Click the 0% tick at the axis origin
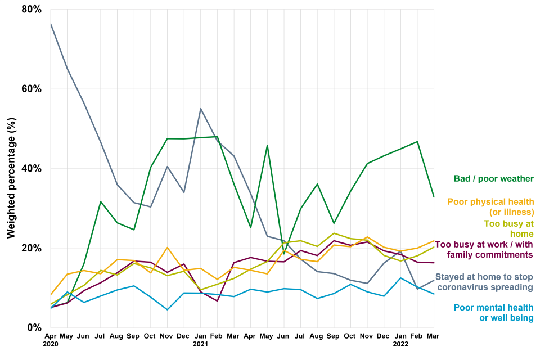pos(35,327)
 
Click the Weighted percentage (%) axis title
pos(11,169)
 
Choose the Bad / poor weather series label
pos(493,179)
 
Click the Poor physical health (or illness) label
pos(490,206)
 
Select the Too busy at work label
pos(484,249)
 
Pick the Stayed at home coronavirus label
pos(484,282)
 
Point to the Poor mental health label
pos(493,313)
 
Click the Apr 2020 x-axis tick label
pos(50,339)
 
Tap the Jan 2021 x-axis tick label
pos(201,339)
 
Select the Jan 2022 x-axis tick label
pos(400,339)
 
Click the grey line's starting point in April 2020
pos(51,24)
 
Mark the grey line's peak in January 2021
pos(201,109)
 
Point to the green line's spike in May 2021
pos(267,145)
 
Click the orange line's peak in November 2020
pos(167,247)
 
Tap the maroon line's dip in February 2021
pos(217,301)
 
